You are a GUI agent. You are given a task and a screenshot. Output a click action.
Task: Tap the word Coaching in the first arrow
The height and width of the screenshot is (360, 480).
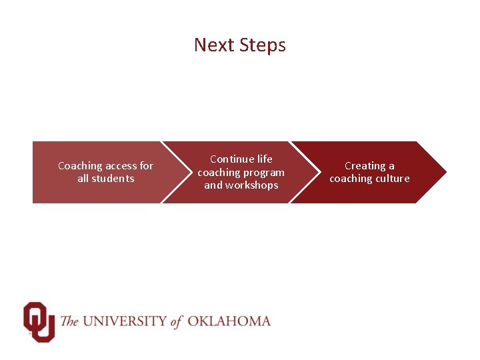pyautogui.click(x=80, y=165)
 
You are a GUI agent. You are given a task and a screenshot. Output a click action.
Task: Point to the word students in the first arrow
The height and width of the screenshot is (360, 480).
pyautogui.click(x=113, y=179)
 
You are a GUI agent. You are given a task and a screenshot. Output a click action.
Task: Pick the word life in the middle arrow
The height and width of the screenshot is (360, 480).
pyautogui.click(x=265, y=159)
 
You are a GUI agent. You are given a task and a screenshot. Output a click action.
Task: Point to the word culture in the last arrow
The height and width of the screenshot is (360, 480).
pyautogui.click(x=393, y=179)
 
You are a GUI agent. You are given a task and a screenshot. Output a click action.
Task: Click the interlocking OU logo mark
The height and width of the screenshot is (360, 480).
pyautogui.click(x=38, y=321)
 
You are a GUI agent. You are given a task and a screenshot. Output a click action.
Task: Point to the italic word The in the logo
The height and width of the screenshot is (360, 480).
pyautogui.click(x=69, y=321)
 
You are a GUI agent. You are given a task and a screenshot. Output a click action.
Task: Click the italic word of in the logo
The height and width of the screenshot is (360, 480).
pyautogui.click(x=177, y=321)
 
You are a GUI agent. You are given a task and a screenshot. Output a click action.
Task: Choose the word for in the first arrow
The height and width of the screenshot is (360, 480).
pyautogui.click(x=146, y=165)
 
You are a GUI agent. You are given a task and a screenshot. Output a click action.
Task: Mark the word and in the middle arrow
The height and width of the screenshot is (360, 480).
pyautogui.click(x=213, y=185)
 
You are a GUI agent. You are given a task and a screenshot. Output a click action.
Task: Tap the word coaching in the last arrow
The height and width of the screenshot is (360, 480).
pyautogui.click(x=350, y=179)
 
